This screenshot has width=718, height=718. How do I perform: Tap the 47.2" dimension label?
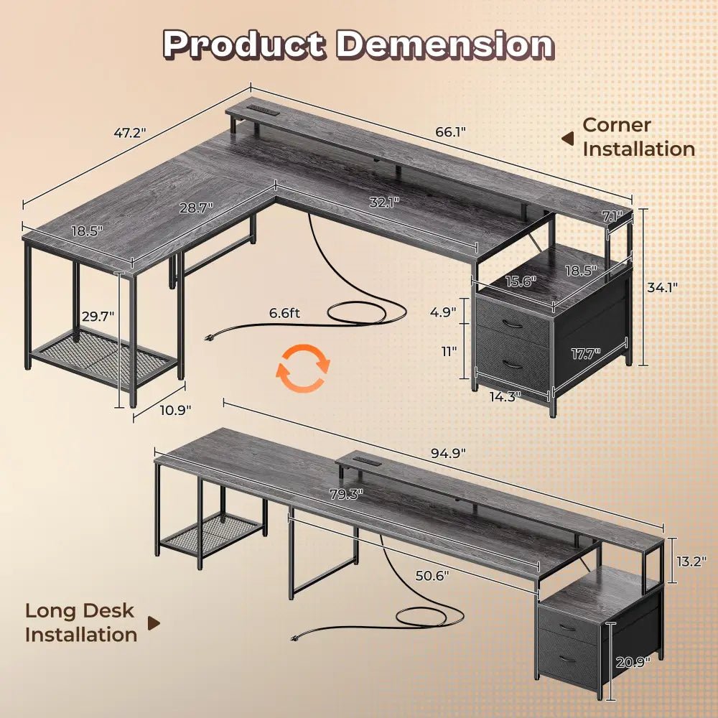pyautogui.click(x=130, y=133)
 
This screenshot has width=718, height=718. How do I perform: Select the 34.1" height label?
pyautogui.click(x=661, y=286)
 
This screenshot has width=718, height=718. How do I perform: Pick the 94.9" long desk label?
pyautogui.click(x=448, y=453)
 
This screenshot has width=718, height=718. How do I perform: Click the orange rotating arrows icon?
pyautogui.click(x=304, y=369)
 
